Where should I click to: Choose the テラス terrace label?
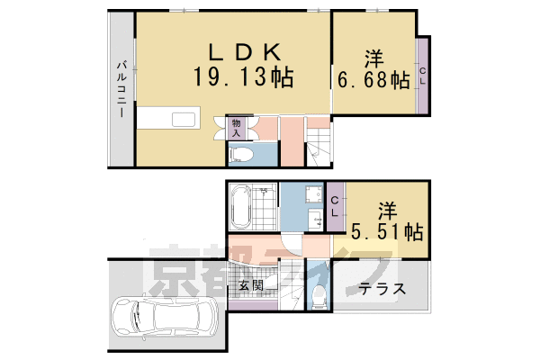[x=382, y=290]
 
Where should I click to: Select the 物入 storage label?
[x=237, y=127]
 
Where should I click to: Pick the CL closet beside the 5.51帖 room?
[x=334, y=206]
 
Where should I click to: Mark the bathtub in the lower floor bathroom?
[x=241, y=208]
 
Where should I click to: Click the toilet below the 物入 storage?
[x=241, y=155]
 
